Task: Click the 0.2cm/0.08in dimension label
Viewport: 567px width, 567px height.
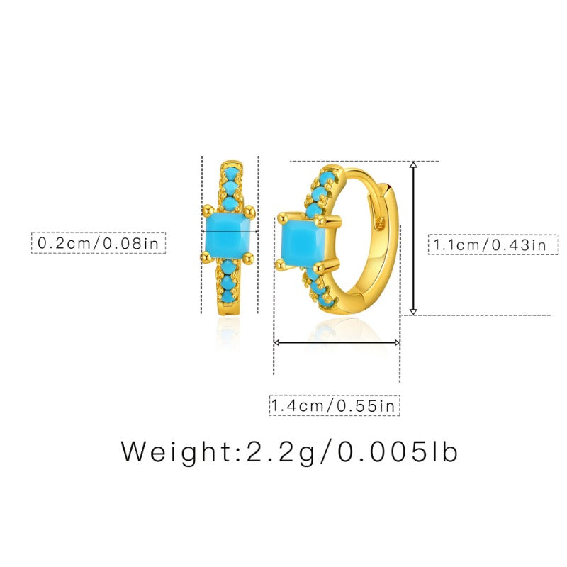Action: [99, 243]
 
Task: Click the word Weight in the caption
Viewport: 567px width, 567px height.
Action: [176, 451]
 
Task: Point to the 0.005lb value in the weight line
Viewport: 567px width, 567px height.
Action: [398, 451]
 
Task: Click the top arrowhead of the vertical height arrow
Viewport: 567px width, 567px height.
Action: [414, 165]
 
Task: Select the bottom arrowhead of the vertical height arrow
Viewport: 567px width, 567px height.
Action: [414, 311]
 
